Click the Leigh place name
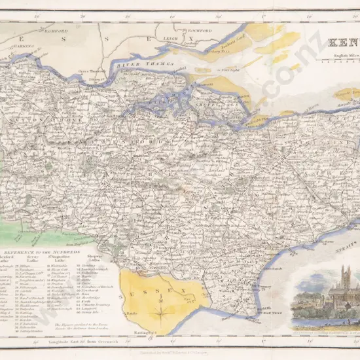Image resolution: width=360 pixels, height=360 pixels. (x=170, y=39)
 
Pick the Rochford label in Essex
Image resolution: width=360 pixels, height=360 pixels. (x=199, y=30)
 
